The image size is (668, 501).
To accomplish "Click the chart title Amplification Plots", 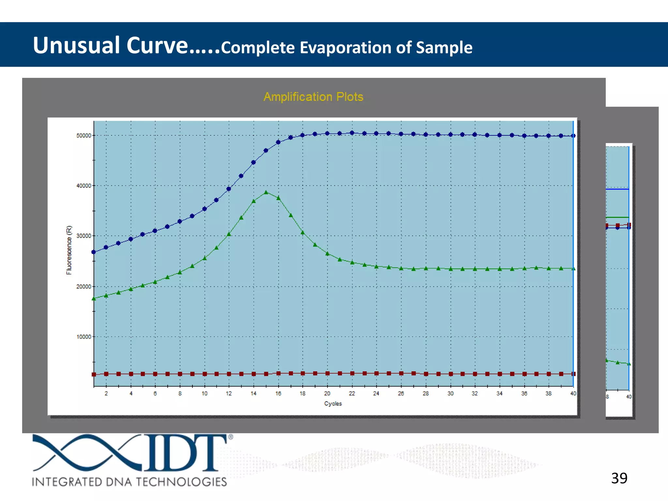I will pyautogui.click(x=313, y=97).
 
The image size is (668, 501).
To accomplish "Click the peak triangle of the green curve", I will pyautogui.click(x=266, y=192).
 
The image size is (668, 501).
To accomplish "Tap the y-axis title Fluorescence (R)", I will pyautogui.click(x=69, y=250).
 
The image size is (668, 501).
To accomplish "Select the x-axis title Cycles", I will pyautogui.click(x=333, y=403).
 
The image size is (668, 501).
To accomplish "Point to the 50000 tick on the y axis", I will pyautogui.click(x=84, y=136).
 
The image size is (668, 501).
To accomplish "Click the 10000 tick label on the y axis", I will pyautogui.click(x=84, y=337).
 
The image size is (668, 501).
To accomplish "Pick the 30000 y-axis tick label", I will pyautogui.click(x=84, y=236).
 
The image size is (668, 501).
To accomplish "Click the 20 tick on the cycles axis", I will pyautogui.click(x=327, y=394).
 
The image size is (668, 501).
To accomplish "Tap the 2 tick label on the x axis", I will pyautogui.click(x=106, y=394).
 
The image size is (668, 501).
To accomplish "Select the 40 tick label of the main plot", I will pyautogui.click(x=573, y=394).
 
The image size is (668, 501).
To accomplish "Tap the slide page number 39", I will pyautogui.click(x=619, y=478).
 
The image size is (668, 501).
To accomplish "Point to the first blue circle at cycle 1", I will pyautogui.click(x=94, y=252).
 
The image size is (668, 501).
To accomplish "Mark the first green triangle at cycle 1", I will pyautogui.click(x=94, y=298).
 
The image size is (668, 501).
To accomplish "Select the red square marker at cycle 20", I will pyautogui.click(x=327, y=373).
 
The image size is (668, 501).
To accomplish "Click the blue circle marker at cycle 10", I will pyautogui.click(x=205, y=209).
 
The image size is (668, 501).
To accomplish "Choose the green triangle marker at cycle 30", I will pyautogui.click(x=451, y=269).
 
